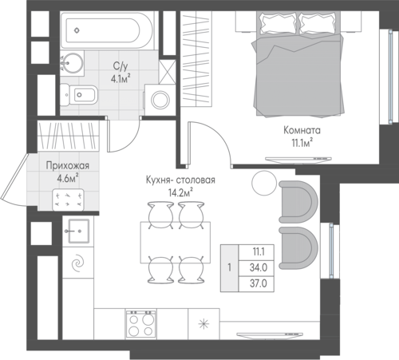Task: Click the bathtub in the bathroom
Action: [x=106, y=30]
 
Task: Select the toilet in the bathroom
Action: [x=77, y=94]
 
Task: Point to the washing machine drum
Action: [x=160, y=100]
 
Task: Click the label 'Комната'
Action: [x=302, y=130]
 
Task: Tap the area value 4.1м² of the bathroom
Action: [x=121, y=79]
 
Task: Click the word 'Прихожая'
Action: [x=68, y=166]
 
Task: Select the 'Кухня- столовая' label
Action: [x=180, y=180]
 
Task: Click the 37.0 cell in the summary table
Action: [x=257, y=284]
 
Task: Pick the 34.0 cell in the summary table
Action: [x=257, y=267]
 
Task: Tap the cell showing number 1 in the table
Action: [x=229, y=267]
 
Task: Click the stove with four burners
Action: [x=141, y=323]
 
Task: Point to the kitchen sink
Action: [x=78, y=231]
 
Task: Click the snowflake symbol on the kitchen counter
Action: [x=204, y=324]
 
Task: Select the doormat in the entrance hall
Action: [x=69, y=200]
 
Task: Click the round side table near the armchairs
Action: [x=264, y=183]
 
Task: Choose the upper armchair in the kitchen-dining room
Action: [x=298, y=202]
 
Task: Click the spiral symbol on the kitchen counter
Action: [x=78, y=263]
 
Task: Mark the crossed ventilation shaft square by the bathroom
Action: [x=167, y=72]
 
